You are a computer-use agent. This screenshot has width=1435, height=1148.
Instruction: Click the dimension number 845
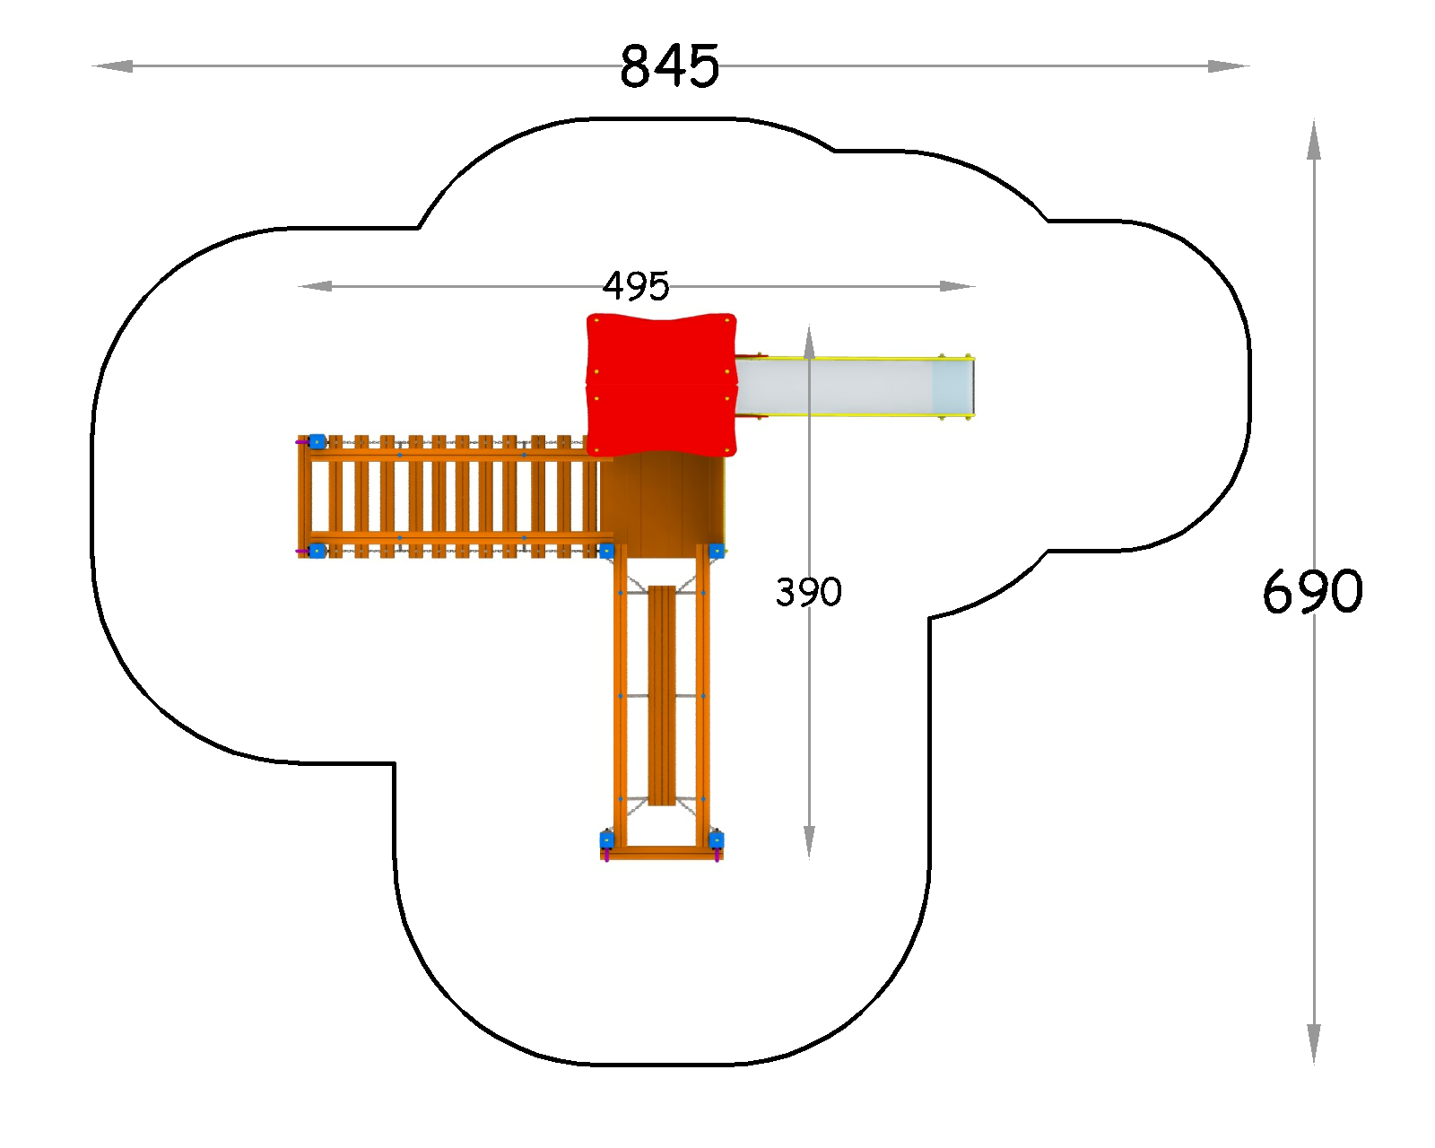coord(669,66)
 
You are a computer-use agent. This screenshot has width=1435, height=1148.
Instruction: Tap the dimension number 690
coord(1312,592)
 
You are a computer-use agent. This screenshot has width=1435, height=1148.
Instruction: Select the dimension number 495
coord(636,286)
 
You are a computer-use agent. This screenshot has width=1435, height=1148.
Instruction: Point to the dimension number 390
coord(809,592)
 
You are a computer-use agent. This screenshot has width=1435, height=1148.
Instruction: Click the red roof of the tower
coord(662,384)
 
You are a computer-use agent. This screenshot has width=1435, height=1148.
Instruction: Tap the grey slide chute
coord(833,387)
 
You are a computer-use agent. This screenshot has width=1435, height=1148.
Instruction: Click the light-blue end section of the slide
coord(953,387)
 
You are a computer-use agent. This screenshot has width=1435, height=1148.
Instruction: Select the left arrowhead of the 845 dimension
coord(112,66)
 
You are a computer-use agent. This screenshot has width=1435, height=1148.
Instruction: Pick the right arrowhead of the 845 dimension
coord(1229,66)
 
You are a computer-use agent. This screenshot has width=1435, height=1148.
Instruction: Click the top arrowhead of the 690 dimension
coord(1314,140)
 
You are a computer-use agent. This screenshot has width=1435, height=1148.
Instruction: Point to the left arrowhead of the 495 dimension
coord(315,286)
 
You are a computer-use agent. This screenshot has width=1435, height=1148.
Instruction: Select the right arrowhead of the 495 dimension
coord(958,286)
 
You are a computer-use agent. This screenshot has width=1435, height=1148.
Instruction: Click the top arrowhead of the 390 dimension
coord(809,343)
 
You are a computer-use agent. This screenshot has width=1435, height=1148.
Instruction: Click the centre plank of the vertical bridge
coord(662,695)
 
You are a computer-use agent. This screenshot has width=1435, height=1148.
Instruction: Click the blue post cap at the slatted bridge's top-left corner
coord(317,441)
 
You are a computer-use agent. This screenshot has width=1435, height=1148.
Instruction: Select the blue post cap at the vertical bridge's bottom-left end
coord(607,839)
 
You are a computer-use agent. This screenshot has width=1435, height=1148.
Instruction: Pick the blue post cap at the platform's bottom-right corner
coord(717,551)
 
